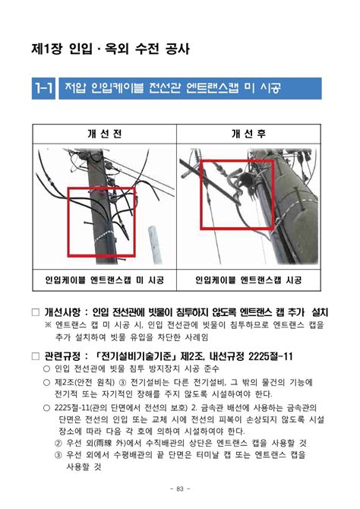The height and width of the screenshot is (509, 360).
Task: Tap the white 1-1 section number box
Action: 43,90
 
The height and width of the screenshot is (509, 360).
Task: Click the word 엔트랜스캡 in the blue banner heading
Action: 213,90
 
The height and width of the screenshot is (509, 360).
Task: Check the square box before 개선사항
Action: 35,312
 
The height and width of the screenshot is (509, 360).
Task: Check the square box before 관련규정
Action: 35,356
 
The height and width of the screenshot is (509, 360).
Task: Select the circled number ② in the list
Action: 58,442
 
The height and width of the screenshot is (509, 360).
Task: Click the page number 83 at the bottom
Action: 180,487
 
